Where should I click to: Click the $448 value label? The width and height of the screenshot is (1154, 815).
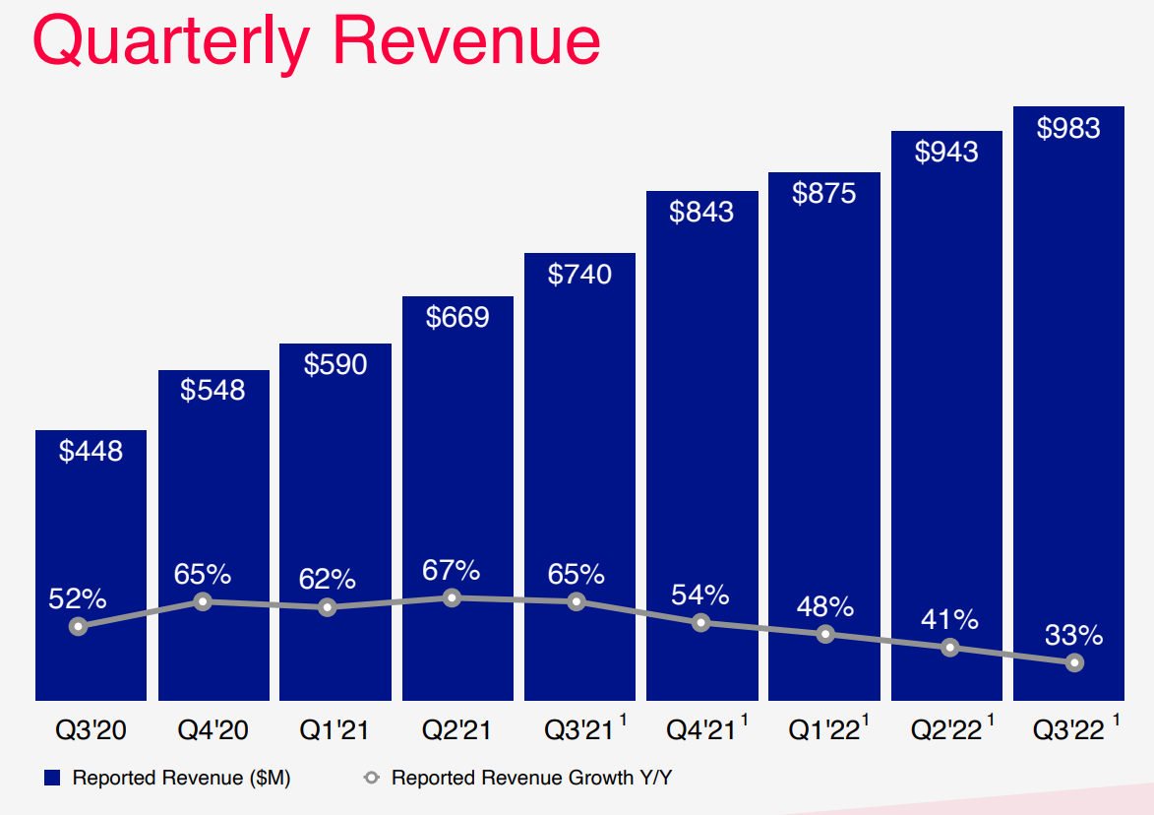(91, 451)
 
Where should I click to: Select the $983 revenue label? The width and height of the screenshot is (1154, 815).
(1068, 128)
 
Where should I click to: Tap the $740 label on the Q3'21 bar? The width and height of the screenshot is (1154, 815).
(579, 274)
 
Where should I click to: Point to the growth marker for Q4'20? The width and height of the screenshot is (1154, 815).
(203, 601)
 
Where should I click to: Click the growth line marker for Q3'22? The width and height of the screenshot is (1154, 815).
(1074, 662)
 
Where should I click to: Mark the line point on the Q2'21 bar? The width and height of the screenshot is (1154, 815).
(452, 597)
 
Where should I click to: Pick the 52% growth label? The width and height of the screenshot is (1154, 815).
(78, 597)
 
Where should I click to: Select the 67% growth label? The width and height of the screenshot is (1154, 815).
(452, 570)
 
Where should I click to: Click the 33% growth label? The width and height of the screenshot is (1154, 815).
(1074, 635)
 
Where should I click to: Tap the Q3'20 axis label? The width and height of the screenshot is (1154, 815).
(91, 730)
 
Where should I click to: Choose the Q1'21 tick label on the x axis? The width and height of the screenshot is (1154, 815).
(334, 730)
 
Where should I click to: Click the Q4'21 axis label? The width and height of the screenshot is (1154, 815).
(699, 730)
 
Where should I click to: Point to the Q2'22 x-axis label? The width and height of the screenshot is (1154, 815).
(944, 730)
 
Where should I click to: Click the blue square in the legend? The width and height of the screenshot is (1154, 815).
(53, 778)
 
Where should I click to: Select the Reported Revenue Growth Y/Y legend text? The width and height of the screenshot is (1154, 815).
(531, 778)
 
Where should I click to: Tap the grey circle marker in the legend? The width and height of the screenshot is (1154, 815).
(371, 778)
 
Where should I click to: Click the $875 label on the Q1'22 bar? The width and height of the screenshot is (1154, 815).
(823, 193)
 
